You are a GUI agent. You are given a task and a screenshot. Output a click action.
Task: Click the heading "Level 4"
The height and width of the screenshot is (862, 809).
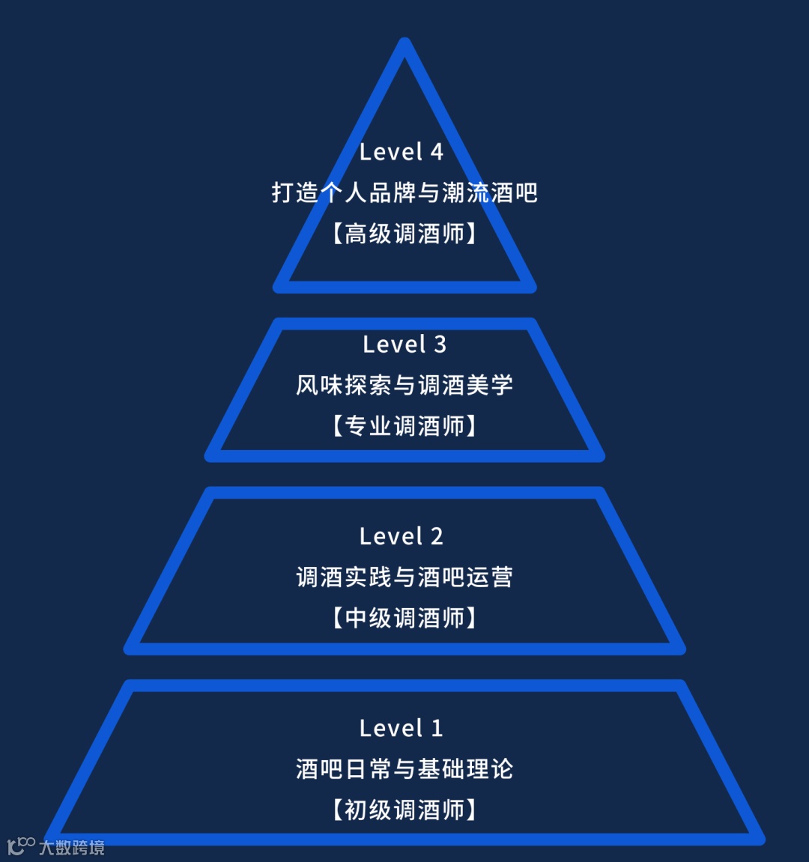tap(402, 152)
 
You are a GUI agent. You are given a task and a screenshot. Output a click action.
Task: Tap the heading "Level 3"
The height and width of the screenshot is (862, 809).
tap(404, 345)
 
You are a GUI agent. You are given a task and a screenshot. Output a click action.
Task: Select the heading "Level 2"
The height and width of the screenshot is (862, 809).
tap(402, 536)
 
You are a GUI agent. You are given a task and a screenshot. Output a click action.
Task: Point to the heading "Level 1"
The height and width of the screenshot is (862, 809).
tap(402, 728)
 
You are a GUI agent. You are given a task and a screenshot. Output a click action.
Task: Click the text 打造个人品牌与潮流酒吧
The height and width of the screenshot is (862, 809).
tap(404, 193)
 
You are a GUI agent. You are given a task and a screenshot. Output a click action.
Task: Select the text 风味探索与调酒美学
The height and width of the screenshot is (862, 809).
tap(404, 385)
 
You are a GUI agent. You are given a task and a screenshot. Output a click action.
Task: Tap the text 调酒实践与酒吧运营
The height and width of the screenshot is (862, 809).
tap(404, 577)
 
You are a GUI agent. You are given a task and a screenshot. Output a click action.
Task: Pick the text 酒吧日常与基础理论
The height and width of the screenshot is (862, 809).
tap(404, 769)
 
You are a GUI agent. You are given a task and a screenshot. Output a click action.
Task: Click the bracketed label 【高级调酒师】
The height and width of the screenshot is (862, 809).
tap(404, 234)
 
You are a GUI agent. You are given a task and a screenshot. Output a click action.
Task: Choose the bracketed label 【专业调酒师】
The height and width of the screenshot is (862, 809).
tap(404, 426)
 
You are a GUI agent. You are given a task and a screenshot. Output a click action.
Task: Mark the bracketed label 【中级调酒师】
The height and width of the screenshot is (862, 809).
tap(404, 618)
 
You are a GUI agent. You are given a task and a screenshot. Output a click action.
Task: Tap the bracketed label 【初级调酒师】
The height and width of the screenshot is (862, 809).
tap(404, 810)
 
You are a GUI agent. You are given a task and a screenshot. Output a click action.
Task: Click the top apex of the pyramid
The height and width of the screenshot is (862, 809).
tap(404, 43)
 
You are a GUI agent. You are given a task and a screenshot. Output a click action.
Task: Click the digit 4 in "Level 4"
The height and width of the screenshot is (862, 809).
tap(436, 152)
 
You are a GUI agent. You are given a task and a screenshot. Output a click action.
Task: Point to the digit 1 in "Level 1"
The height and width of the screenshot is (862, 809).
tap(437, 728)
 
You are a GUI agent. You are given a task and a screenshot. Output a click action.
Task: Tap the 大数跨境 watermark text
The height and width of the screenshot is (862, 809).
tap(72, 848)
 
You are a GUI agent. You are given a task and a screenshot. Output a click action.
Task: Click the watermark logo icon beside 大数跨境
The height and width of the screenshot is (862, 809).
tap(21, 846)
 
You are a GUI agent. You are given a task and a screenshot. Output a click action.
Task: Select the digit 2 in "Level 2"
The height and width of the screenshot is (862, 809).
tap(436, 536)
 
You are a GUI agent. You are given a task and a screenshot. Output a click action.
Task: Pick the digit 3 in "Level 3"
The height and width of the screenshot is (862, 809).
tap(440, 345)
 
